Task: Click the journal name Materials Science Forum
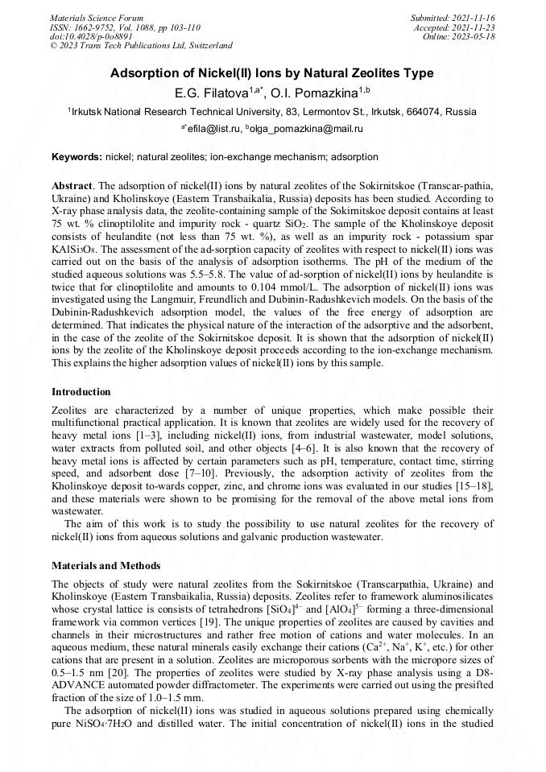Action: (x=97, y=17)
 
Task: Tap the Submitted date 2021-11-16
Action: (x=474, y=17)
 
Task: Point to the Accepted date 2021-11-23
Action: (x=476, y=27)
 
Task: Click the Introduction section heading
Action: (x=81, y=392)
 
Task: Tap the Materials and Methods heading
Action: (x=105, y=566)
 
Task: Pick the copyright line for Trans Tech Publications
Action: (x=141, y=46)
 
